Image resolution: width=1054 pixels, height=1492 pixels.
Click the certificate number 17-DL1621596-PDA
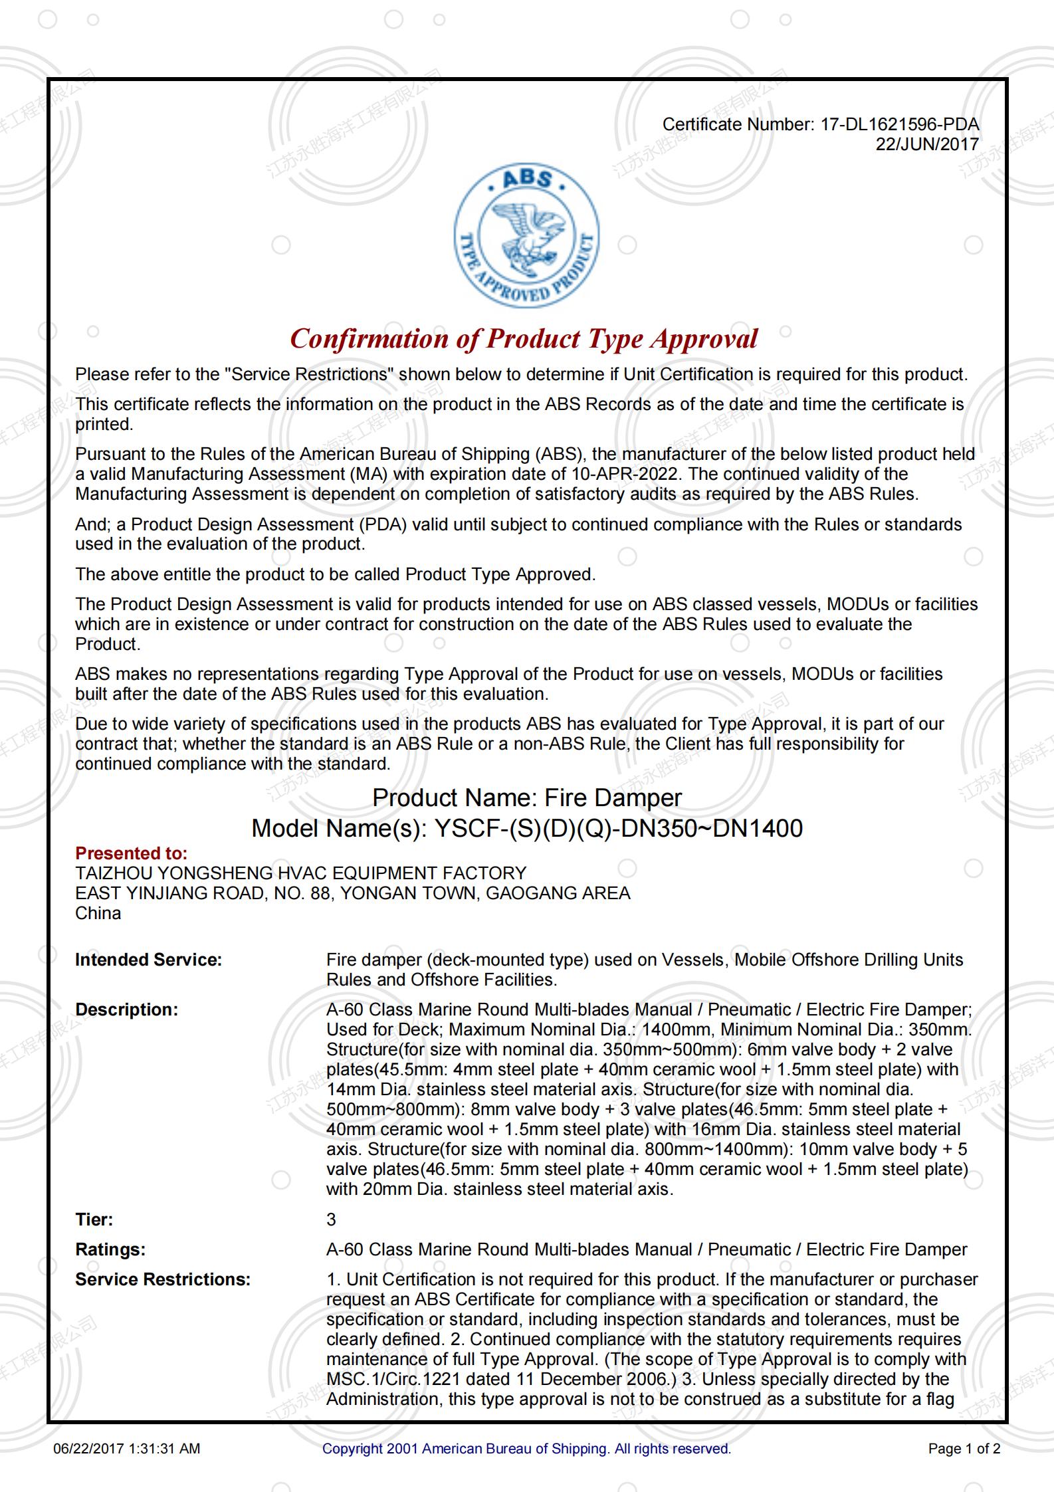(x=899, y=124)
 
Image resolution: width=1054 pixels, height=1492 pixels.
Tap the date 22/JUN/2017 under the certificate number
(x=926, y=144)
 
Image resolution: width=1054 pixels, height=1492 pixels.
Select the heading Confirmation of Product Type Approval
(x=524, y=339)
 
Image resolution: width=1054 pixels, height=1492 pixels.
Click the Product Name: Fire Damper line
(x=527, y=798)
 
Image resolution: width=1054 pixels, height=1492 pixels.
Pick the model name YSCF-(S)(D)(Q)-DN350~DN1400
(x=618, y=828)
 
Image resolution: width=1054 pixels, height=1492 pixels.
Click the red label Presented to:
(x=131, y=853)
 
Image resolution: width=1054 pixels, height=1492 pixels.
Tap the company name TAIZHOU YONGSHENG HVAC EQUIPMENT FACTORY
(x=300, y=873)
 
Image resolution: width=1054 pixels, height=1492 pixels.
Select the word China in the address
(x=98, y=913)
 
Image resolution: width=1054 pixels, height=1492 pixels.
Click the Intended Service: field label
(x=148, y=960)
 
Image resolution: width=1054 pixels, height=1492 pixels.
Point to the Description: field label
(x=126, y=1010)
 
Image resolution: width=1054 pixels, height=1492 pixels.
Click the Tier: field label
(x=94, y=1220)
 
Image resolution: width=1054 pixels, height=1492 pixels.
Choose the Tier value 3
(x=331, y=1220)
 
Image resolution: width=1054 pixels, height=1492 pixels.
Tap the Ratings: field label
(x=110, y=1249)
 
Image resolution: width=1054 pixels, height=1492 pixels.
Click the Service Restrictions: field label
(x=163, y=1279)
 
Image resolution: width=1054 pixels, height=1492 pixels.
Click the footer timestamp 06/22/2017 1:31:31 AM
(x=126, y=1449)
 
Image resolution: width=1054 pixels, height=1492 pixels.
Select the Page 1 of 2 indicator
(x=964, y=1449)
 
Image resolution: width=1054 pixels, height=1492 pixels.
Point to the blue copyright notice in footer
(x=526, y=1449)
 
